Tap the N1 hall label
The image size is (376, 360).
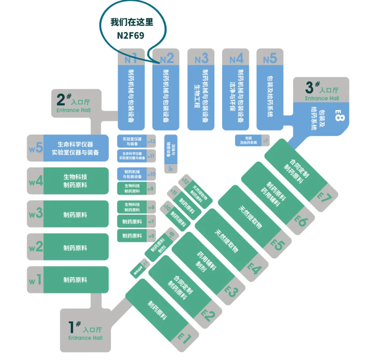point(131,58)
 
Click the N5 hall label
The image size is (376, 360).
point(270,58)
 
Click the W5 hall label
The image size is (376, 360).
point(36,148)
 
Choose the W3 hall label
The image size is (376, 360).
point(36,213)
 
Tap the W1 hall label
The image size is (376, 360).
point(35,280)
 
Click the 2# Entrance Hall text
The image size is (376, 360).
point(73,104)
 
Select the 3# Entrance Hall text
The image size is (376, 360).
point(322,91)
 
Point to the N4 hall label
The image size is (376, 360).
point(236,58)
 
